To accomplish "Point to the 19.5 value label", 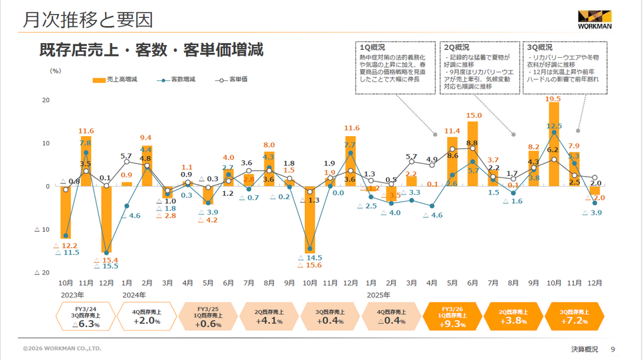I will (553, 99).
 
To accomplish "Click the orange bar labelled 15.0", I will (473, 153).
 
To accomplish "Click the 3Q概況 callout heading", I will (539, 48).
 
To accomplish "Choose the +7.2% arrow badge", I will (574, 316).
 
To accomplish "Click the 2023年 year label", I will (72, 294).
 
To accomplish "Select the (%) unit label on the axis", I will (55, 69).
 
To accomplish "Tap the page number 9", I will (612, 349).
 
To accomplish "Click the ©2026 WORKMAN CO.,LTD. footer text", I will (62, 349).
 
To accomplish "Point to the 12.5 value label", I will (554, 126).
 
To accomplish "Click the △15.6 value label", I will (311, 266).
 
